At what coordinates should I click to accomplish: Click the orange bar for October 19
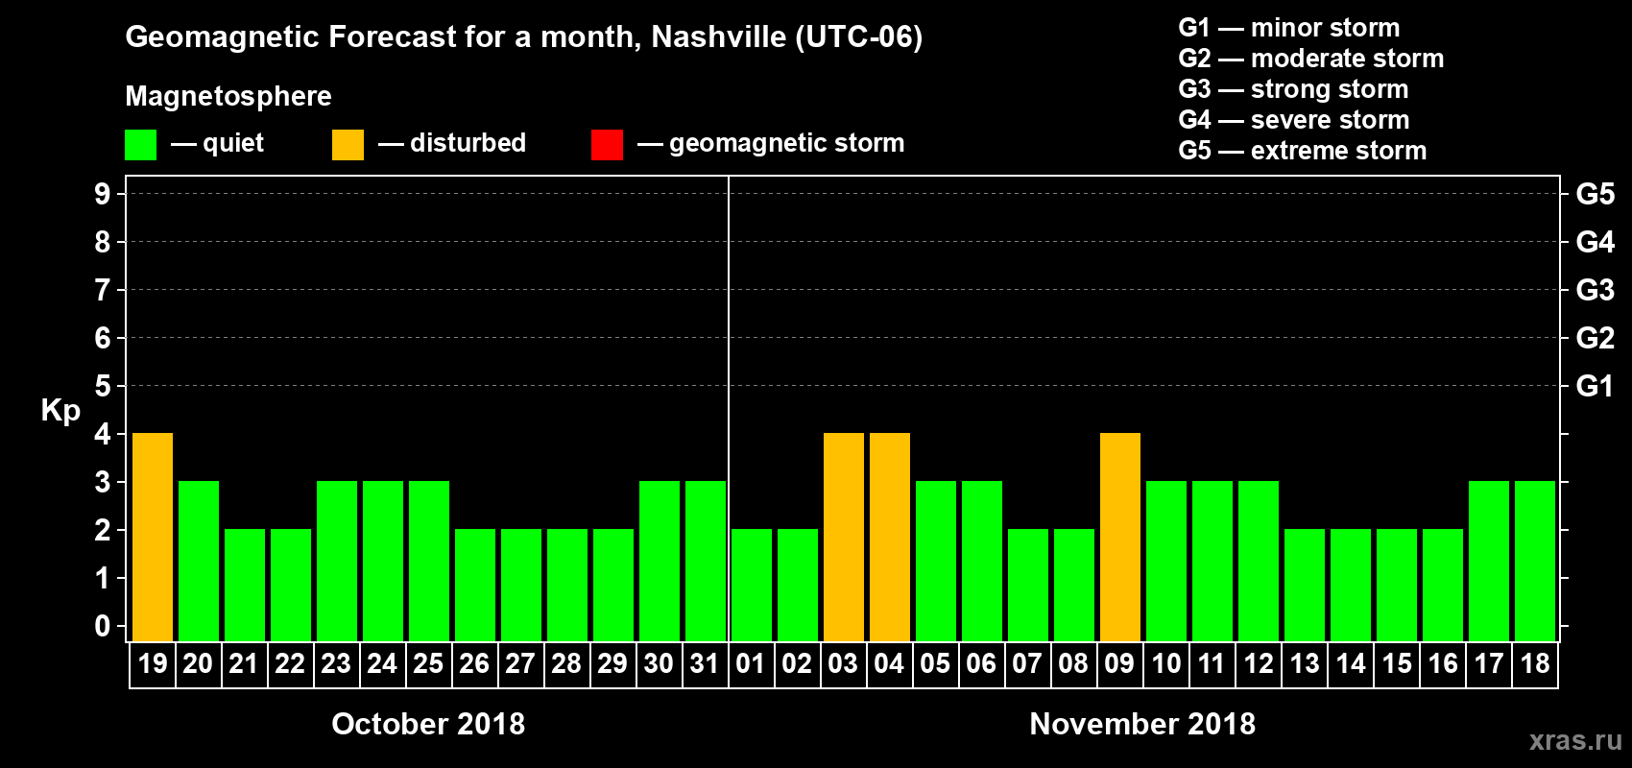click(153, 537)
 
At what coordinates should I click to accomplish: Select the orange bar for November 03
click(844, 537)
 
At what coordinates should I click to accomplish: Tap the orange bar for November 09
click(1120, 537)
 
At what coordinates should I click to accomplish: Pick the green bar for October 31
click(706, 561)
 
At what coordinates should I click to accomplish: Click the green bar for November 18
click(1535, 561)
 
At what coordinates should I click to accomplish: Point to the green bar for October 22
click(291, 585)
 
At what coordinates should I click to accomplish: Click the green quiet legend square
click(141, 145)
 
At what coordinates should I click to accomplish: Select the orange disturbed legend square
click(348, 145)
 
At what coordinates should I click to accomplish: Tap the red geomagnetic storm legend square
click(607, 145)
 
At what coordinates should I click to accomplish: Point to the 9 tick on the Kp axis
click(103, 194)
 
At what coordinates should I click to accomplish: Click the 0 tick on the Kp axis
click(103, 626)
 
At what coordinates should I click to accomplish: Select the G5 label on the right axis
click(1595, 194)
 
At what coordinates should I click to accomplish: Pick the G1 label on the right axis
click(1595, 386)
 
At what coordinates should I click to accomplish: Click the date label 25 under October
click(428, 663)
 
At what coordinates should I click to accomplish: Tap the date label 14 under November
click(1351, 663)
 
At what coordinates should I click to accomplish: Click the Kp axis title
click(60, 411)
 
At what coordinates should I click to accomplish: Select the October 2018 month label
click(428, 724)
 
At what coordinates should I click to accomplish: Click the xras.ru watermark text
click(1575, 740)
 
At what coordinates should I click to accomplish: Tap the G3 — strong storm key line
click(1293, 89)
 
